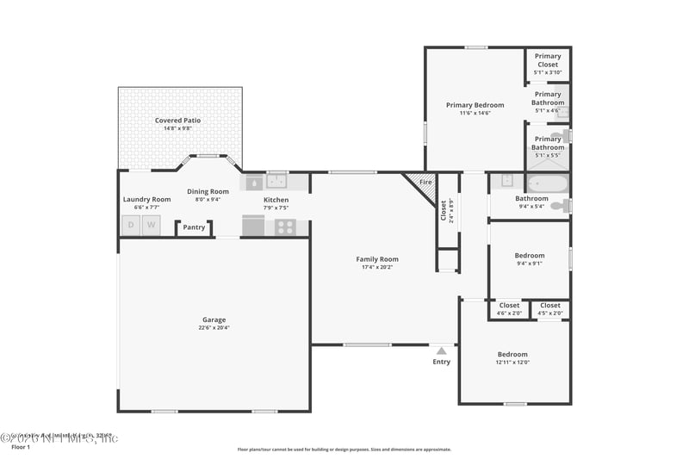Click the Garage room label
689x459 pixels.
click(214, 319)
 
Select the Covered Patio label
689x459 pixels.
click(177, 121)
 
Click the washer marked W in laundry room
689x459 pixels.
click(152, 226)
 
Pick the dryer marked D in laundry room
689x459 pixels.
click(131, 226)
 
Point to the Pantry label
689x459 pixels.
click(194, 228)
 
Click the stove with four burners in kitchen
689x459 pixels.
click(285, 227)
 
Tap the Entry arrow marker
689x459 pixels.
click(441, 351)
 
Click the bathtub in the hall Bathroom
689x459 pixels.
click(548, 183)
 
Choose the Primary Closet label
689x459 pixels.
click(547, 60)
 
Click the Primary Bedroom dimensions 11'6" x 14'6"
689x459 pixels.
click(475, 113)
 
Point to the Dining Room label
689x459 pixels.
click(208, 191)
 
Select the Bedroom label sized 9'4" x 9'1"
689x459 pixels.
click(530, 256)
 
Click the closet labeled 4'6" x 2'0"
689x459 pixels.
click(509, 309)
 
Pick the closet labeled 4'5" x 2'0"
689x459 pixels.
click(549, 309)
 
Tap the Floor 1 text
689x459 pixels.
click(20, 448)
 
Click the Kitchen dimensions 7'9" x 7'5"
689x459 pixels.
click(276, 208)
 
